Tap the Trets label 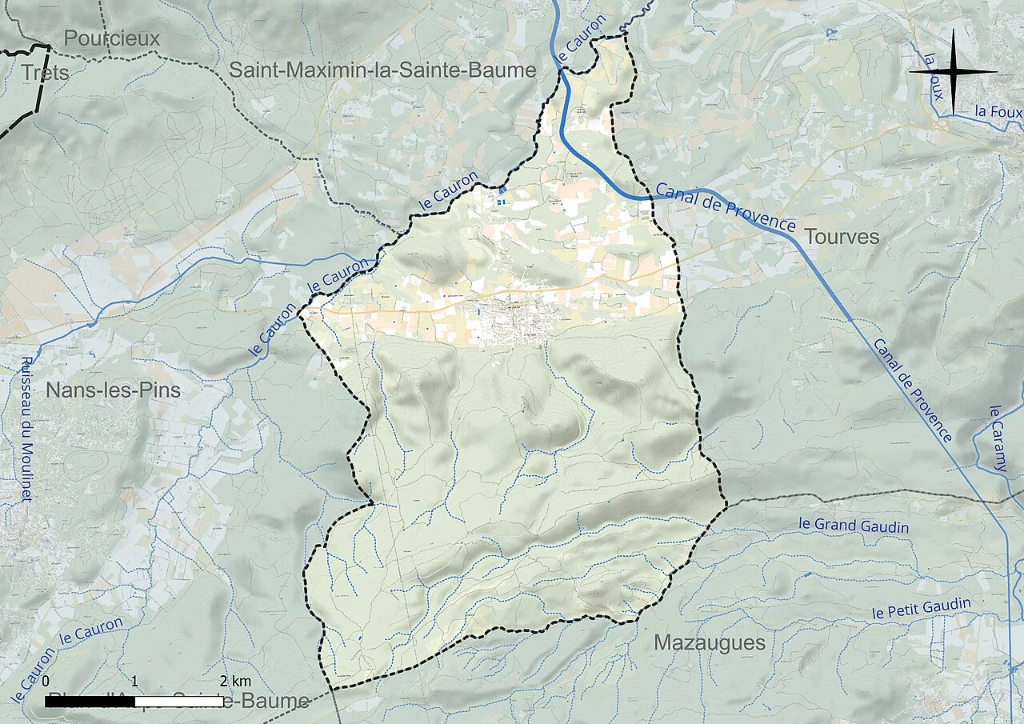pos(46,72)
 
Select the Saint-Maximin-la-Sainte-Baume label pos(382,70)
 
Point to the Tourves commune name pos(842,237)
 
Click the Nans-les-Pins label pos(113,390)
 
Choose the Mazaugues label pos(709,642)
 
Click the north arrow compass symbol pos(953,72)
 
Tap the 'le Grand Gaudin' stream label pos(854,526)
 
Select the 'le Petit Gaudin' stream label pos(921,609)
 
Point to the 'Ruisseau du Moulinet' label pos(26,428)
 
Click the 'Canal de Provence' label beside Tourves pos(725,206)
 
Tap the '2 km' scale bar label pos(236,681)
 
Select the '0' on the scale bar pos(46,681)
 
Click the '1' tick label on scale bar pos(134,681)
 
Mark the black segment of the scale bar pos(90,701)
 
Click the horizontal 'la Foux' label pos(998,113)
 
